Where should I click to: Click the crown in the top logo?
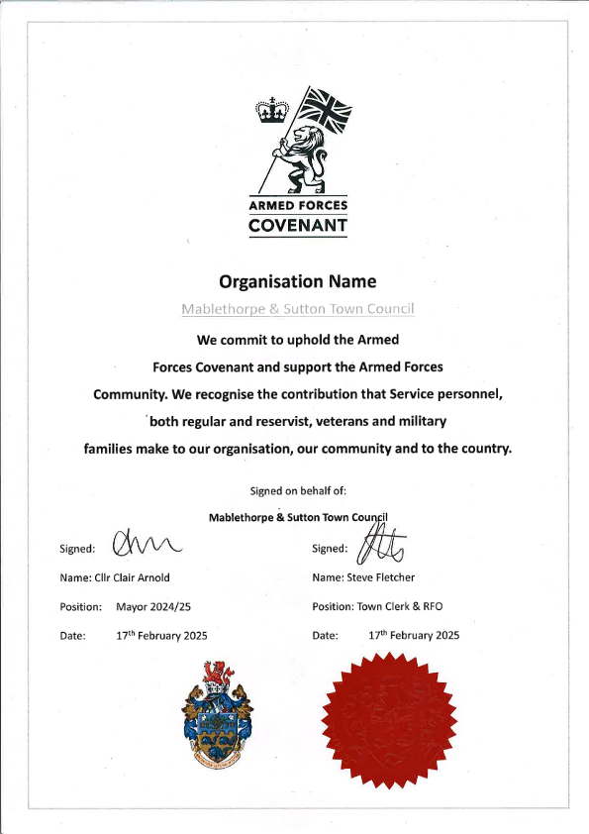[269, 110]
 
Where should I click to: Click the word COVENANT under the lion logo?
[298, 226]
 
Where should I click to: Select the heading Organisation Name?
[297, 281]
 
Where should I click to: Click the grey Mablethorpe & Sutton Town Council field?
[297, 309]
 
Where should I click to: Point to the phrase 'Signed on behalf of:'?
[298, 490]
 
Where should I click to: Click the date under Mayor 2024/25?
[160, 635]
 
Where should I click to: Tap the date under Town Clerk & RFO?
[414, 635]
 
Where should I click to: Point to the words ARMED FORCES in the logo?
[298, 206]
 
